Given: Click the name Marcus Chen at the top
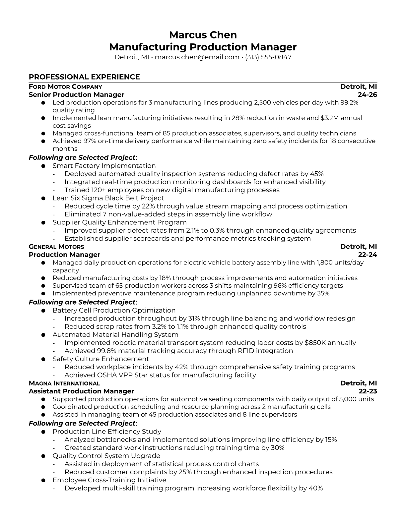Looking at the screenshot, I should (203, 35).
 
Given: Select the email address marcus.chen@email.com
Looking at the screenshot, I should (197, 57).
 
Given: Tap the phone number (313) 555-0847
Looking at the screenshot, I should (268, 57).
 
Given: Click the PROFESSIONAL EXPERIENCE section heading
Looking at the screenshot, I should (84, 77).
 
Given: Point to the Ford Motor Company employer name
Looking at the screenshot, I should (65, 87).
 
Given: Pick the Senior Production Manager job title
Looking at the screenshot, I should (77, 95).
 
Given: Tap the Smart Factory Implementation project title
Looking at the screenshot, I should (104, 166).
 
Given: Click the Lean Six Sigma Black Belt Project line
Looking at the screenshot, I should (108, 198).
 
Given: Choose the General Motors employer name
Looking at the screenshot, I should (56, 247).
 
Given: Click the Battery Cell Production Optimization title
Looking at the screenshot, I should (114, 311).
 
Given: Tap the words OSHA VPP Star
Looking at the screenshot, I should (108, 375).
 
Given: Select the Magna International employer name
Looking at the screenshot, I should (64, 383).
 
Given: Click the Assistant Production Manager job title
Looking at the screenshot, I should (82, 391).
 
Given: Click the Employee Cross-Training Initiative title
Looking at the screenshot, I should (109, 480).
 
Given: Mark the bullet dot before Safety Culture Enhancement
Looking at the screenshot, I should (43, 359).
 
